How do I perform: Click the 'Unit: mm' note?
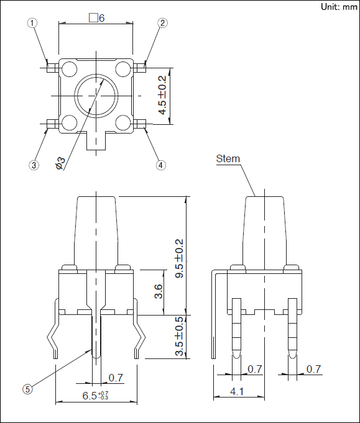(338, 6)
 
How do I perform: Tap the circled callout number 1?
(32, 23)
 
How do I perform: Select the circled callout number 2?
(162, 23)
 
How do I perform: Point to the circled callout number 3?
(34, 165)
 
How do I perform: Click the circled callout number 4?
(161, 165)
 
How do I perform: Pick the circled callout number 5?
(27, 389)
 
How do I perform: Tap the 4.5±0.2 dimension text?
(163, 96)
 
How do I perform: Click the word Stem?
(228, 158)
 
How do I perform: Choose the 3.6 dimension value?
(159, 291)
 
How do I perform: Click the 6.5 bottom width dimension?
(96, 395)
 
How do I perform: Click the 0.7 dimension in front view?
(116, 377)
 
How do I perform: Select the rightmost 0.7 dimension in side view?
(314, 369)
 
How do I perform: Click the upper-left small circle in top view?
(68, 68)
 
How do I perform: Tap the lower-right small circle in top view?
(124, 122)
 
